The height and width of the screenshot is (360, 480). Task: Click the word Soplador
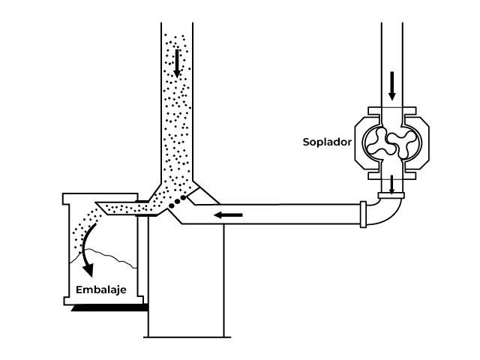pos(327,141)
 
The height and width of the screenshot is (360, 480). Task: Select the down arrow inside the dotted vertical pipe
pos(178,64)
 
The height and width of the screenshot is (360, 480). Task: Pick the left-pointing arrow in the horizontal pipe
pos(229,216)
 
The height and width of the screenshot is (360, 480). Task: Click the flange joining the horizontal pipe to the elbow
pos(364,214)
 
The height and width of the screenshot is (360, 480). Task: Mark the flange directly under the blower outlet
pos(391,196)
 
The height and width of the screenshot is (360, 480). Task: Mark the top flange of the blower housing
pos(391,112)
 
